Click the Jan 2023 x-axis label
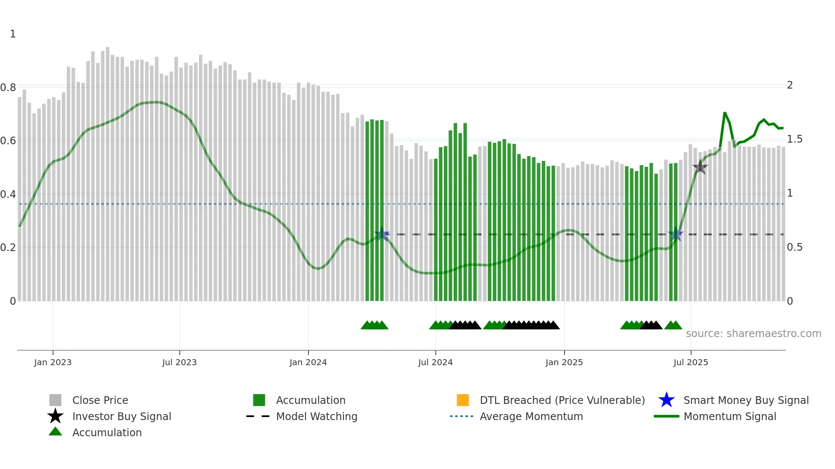[x=53, y=362]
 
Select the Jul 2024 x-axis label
[x=435, y=362]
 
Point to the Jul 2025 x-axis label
[x=691, y=362]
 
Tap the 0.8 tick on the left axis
[x=8, y=88]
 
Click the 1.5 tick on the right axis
[x=795, y=139]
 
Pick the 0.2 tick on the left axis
[x=8, y=247]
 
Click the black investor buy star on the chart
[x=700, y=167]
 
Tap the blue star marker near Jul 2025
[x=676, y=234]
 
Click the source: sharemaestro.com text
[x=753, y=333]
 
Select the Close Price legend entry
[x=100, y=400]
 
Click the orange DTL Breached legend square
[x=463, y=400]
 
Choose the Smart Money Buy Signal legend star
[x=666, y=400]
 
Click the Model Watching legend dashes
[x=258, y=416]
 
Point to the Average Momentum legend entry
[x=531, y=416]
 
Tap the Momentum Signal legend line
[x=666, y=416]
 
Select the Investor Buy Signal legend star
[x=55, y=416]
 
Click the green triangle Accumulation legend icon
[x=55, y=432]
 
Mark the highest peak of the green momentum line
[x=724, y=113]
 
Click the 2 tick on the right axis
[x=790, y=85]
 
